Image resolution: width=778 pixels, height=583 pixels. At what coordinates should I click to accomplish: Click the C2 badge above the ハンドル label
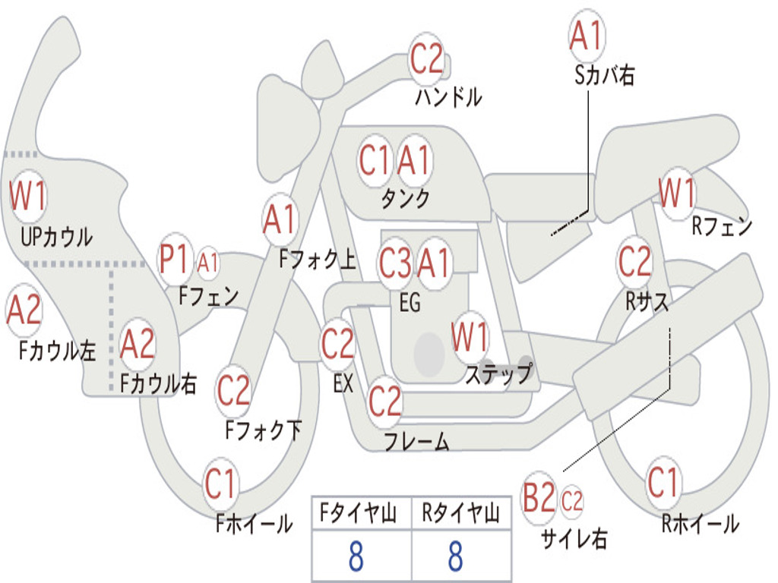[426, 58]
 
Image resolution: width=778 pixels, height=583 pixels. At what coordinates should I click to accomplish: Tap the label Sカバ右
[605, 75]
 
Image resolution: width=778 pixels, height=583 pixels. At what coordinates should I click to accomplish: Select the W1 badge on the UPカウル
[27, 197]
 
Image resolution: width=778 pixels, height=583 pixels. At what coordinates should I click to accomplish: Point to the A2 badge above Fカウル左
[24, 312]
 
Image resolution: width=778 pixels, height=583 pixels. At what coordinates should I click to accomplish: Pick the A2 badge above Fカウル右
[138, 344]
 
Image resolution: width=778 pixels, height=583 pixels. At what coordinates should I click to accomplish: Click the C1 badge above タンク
[375, 161]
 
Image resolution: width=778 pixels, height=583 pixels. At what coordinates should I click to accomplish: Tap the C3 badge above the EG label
[395, 264]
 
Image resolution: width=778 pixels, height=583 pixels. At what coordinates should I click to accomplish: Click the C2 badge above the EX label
[337, 344]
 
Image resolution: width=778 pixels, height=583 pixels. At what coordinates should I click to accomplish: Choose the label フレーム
[416, 442]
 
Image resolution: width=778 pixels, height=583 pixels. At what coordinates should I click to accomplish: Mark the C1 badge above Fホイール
[221, 484]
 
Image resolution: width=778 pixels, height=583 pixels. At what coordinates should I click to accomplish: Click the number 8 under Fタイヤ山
[356, 556]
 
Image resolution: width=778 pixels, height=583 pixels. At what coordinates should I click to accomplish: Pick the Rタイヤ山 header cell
[460, 515]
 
